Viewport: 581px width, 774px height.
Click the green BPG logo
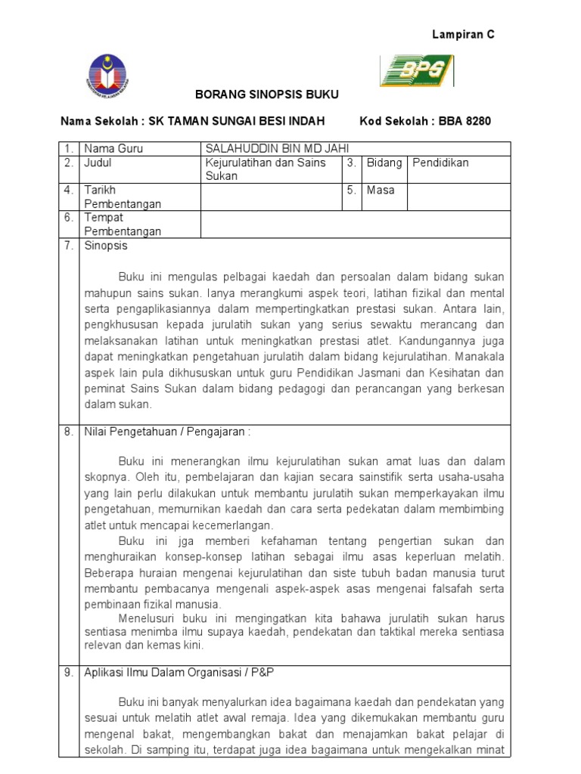(x=416, y=70)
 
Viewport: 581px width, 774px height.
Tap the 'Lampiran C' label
(x=463, y=35)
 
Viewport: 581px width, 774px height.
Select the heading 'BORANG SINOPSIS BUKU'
(x=256, y=94)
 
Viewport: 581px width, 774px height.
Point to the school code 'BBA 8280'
(x=468, y=121)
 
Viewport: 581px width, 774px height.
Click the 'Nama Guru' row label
(x=113, y=149)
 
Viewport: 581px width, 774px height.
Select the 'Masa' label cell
(x=381, y=190)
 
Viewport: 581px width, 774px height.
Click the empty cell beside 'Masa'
(x=459, y=197)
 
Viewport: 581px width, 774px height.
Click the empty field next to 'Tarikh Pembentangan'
(x=271, y=197)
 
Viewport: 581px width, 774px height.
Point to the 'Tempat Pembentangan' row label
(x=122, y=224)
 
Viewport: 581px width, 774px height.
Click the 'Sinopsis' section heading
(x=106, y=246)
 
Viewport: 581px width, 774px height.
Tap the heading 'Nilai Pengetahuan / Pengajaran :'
(x=166, y=432)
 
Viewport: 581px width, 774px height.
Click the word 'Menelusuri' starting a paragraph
(x=147, y=618)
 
